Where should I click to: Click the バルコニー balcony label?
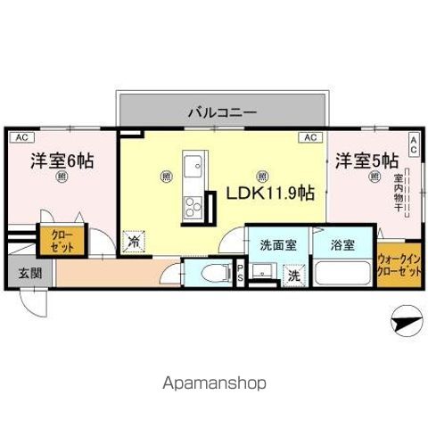(222, 113)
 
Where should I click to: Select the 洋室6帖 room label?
(62, 161)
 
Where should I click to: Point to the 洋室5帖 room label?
(366, 160)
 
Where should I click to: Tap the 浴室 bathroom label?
(342, 243)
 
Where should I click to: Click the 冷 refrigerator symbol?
(133, 241)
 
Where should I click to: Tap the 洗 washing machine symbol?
(293, 276)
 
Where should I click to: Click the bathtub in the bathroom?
(343, 272)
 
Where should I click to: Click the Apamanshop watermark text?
(213, 382)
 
